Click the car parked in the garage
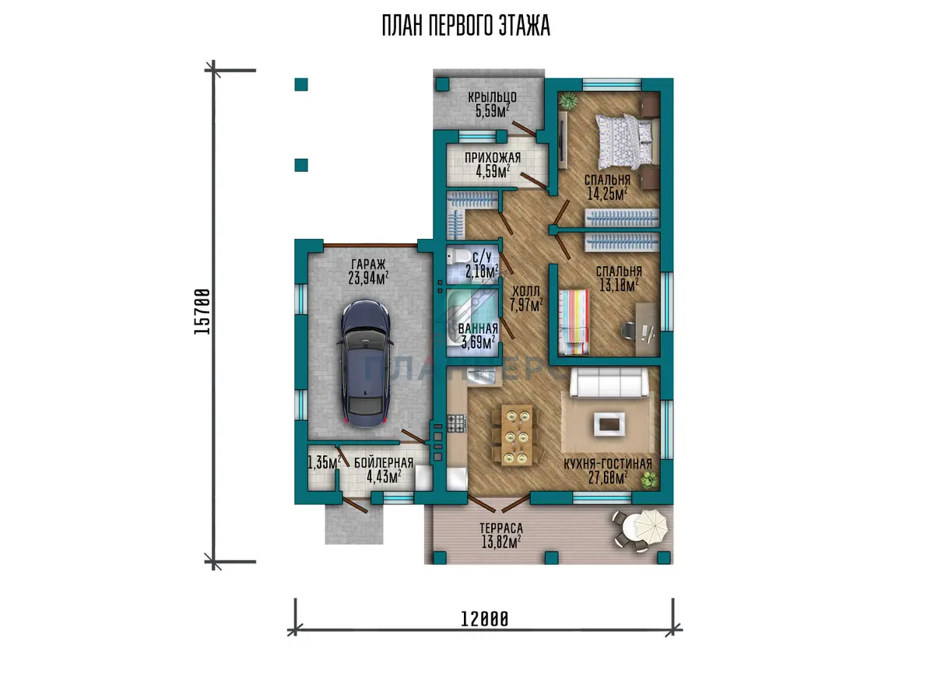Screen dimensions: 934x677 coord(365,363)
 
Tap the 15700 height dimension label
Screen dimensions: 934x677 coord(202,311)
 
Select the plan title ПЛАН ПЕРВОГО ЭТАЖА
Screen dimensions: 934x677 coord(466,26)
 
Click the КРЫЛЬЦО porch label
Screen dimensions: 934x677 coord(492,97)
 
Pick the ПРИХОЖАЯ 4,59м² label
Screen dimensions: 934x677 coord(493,164)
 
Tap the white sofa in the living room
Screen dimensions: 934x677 coord(609,382)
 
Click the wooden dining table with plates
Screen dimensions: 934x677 coord(517,435)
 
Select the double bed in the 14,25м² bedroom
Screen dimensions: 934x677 coord(624,142)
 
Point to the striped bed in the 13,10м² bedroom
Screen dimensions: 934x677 coord(574,323)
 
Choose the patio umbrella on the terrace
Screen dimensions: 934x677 coord(650,526)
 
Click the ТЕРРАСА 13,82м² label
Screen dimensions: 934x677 coord(501,535)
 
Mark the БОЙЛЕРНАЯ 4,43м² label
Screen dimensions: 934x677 coord(384,470)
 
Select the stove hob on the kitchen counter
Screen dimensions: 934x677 coord(456,423)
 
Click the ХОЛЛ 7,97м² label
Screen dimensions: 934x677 coord(526,299)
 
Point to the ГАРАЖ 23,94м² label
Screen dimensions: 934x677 coord(369,272)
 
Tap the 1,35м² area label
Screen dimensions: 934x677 coord(325,462)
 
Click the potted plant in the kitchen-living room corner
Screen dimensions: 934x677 coord(648,479)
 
